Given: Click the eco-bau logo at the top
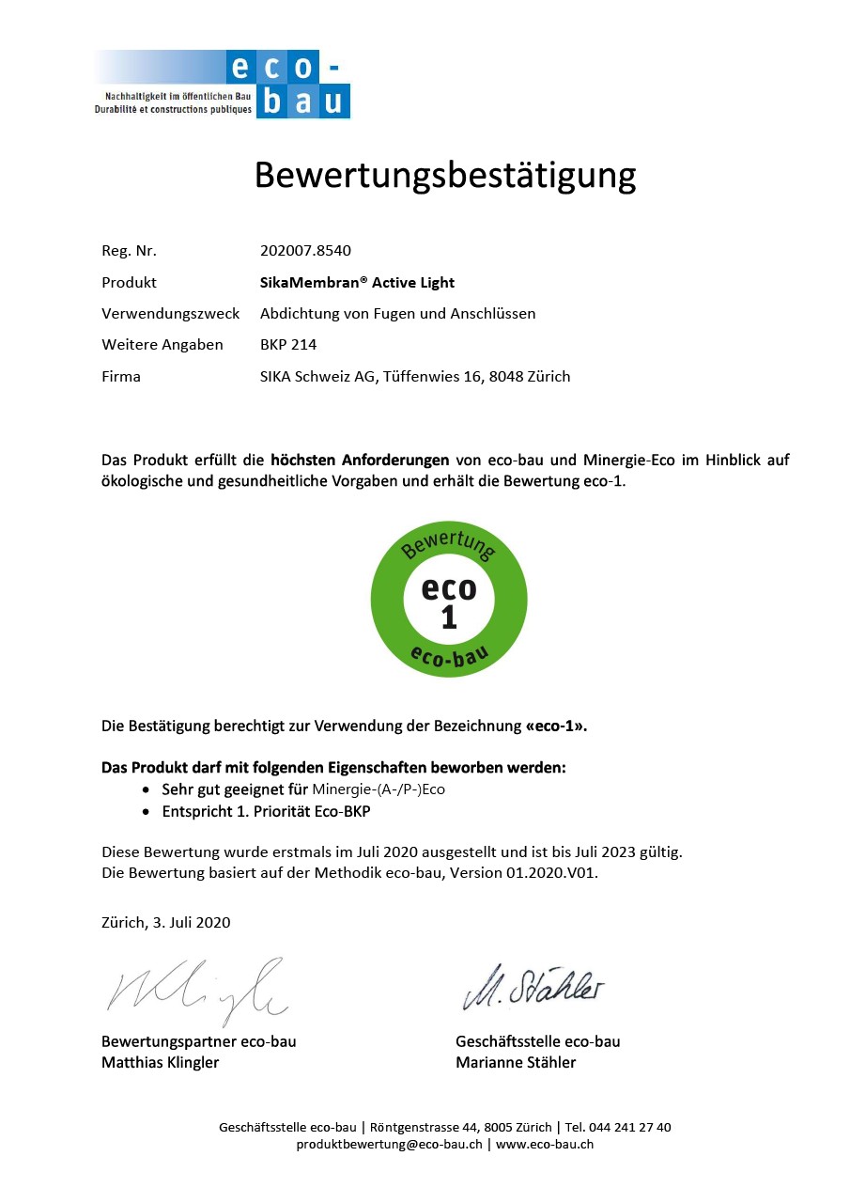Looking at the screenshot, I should [222, 85].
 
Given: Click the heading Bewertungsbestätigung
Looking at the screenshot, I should [445, 176].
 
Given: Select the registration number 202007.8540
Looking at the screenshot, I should [305, 251].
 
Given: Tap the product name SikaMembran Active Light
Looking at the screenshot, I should [357, 282].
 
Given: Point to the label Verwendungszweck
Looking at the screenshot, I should [170, 314].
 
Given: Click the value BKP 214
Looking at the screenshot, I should [288, 345].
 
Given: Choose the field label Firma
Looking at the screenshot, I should [121, 377].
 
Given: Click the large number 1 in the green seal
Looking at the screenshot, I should [449, 617].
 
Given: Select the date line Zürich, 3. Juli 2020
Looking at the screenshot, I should [165, 922].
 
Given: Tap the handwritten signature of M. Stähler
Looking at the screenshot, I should [533, 986].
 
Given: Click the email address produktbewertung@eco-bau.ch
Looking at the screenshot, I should [389, 1144].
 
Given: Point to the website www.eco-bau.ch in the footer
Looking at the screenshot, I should [544, 1144].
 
